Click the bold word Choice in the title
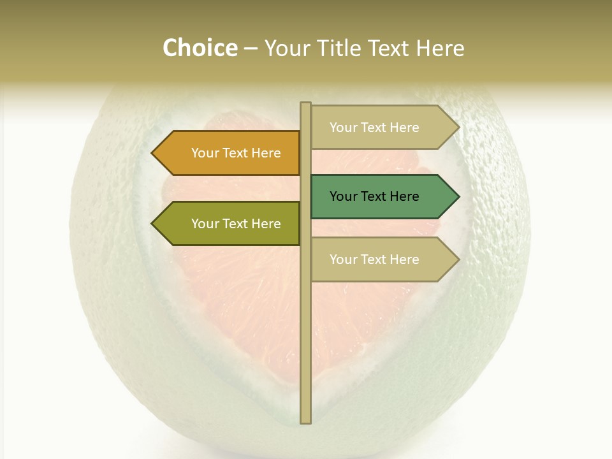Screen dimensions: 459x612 (200, 48)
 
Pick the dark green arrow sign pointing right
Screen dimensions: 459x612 (382, 196)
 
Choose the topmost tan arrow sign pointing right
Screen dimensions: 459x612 (382, 127)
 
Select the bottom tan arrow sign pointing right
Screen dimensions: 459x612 (382, 259)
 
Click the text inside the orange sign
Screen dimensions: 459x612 (236, 153)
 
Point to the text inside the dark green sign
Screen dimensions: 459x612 (374, 196)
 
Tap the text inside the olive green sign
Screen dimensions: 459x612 (236, 224)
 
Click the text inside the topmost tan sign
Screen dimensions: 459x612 (374, 127)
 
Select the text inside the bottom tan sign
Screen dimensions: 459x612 (374, 259)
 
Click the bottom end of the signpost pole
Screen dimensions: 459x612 (306, 421)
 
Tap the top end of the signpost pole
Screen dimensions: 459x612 (306, 105)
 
